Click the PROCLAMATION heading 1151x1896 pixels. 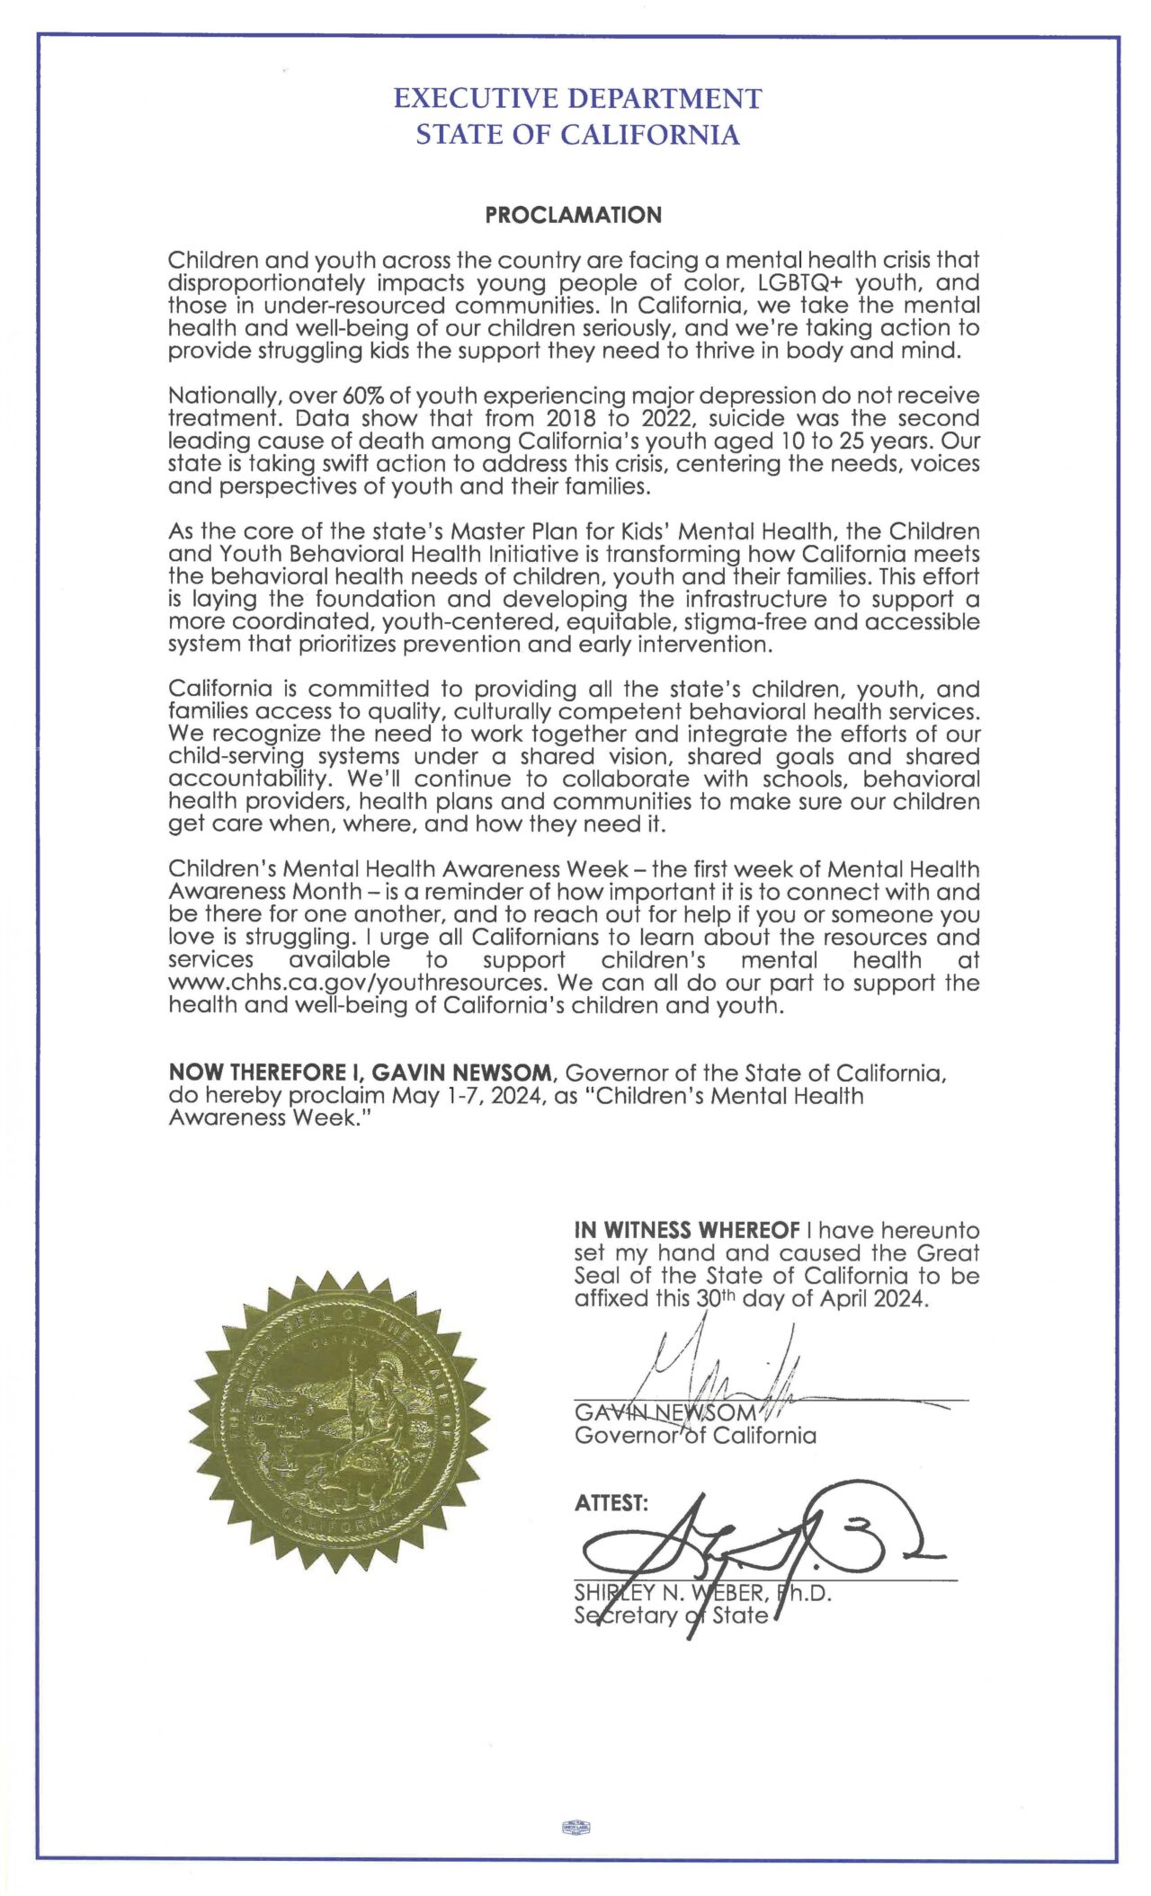tap(573, 216)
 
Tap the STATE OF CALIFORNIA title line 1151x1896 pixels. tap(577, 135)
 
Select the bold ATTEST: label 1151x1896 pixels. tap(611, 1503)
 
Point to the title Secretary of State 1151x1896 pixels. tap(671, 1616)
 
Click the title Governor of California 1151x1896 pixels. tap(695, 1435)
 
